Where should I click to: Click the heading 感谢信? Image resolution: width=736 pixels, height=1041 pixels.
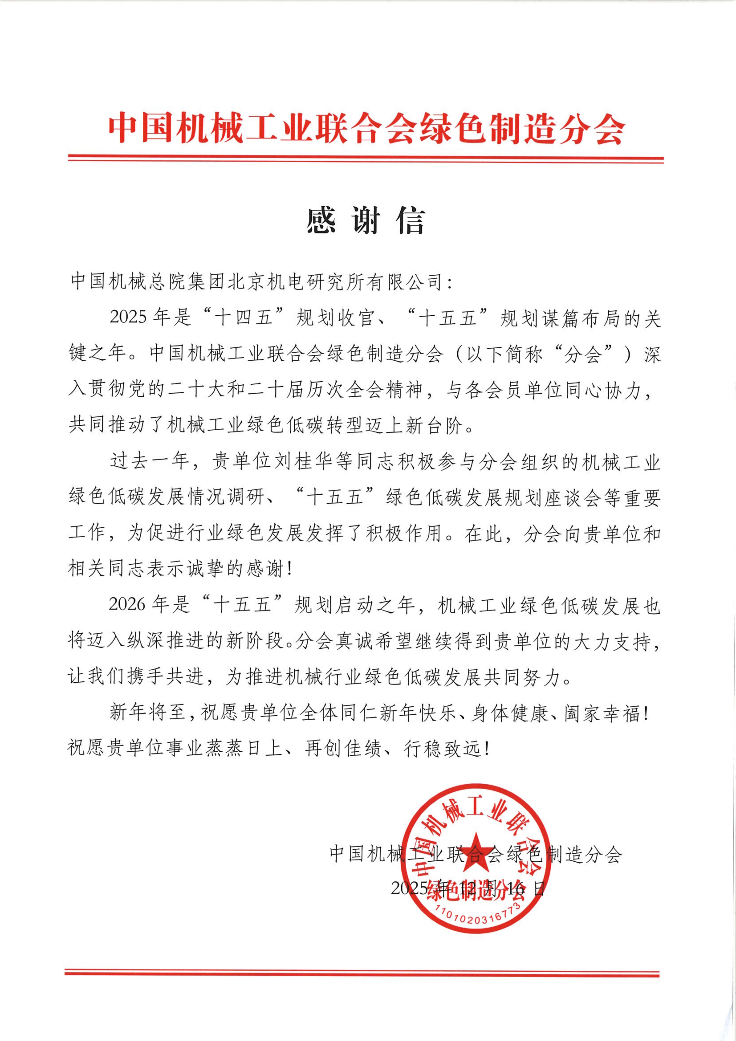[365, 222]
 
